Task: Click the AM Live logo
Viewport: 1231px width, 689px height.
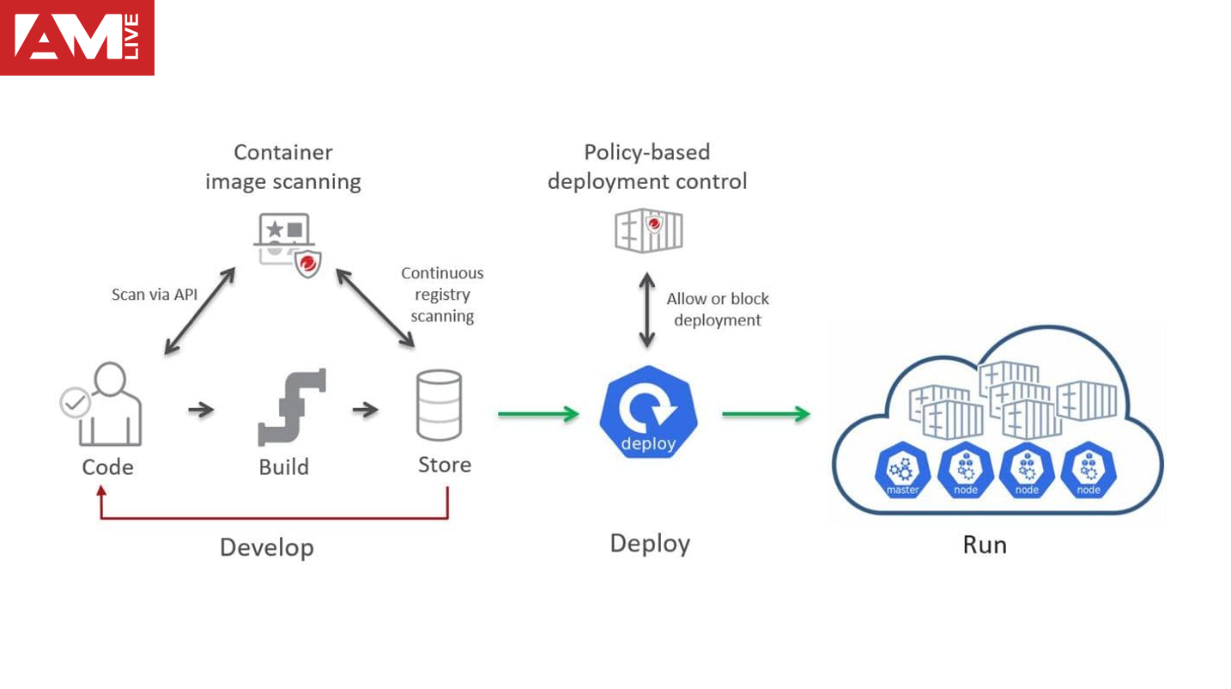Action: (77, 38)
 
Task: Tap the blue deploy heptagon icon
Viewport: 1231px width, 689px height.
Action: (649, 412)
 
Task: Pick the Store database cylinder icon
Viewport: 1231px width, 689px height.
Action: (439, 405)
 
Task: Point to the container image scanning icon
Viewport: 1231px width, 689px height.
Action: (288, 245)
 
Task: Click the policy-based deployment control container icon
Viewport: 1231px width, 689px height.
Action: (649, 229)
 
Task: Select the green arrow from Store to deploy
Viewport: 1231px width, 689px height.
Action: (538, 415)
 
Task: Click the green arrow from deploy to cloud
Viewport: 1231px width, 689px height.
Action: (766, 415)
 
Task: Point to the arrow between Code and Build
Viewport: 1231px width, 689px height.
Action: (201, 410)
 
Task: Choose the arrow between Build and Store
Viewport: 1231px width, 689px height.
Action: (366, 410)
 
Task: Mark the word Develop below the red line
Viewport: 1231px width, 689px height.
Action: (266, 547)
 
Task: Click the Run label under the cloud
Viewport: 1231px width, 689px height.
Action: (984, 545)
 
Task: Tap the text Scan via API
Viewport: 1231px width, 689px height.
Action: (155, 295)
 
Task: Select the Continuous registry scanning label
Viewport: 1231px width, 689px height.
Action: (442, 295)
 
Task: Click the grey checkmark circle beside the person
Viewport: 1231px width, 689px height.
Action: (76, 402)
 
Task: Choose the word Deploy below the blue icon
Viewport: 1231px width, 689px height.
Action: (650, 544)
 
